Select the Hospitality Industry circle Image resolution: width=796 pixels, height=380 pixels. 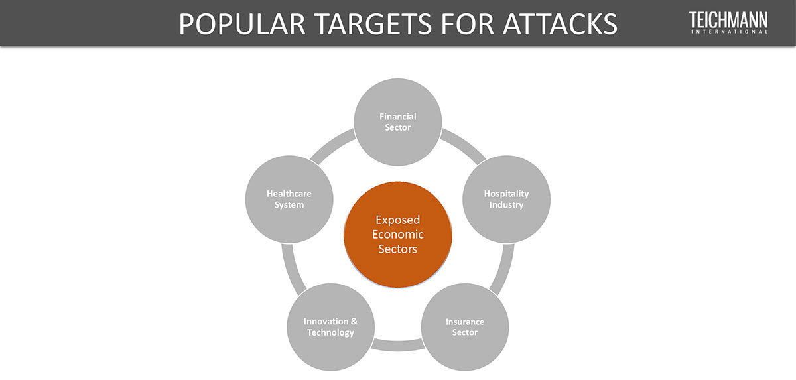click(506, 199)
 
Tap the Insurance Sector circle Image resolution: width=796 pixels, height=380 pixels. click(465, 327)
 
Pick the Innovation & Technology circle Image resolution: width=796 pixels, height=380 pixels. click(330, 327)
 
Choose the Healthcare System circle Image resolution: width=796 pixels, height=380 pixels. click(289, 199)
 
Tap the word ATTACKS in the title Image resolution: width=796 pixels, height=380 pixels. click(561, 24)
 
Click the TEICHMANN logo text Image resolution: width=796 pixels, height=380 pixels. click(728, 19)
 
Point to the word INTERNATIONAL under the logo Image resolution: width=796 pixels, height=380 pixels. click(728, 31)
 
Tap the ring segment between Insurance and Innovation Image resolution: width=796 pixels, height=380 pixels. click(398, 344)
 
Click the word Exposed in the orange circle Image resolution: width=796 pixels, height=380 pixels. click(398, 220)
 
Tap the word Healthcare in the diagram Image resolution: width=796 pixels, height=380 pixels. click(289, 194)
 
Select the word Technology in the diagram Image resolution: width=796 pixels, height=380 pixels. click(330, 332)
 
